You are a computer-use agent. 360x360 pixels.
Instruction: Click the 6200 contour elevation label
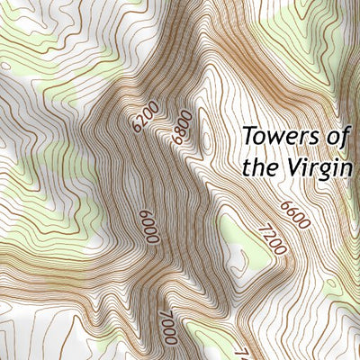(145, 117)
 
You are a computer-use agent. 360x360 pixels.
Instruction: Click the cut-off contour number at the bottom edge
(241, 354)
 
